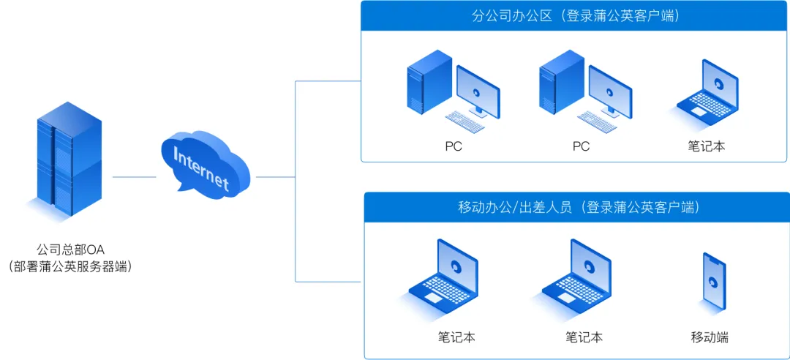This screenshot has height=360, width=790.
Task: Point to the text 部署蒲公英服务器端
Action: (71, 266)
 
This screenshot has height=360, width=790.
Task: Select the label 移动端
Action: (710, 337)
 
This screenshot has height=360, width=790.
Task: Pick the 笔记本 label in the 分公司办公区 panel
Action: (706, 146)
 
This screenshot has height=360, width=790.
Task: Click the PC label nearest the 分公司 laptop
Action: (581, 146)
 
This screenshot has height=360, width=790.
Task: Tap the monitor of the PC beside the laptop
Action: (611, 90)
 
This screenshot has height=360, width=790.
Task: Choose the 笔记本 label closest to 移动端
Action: (584, 337)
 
